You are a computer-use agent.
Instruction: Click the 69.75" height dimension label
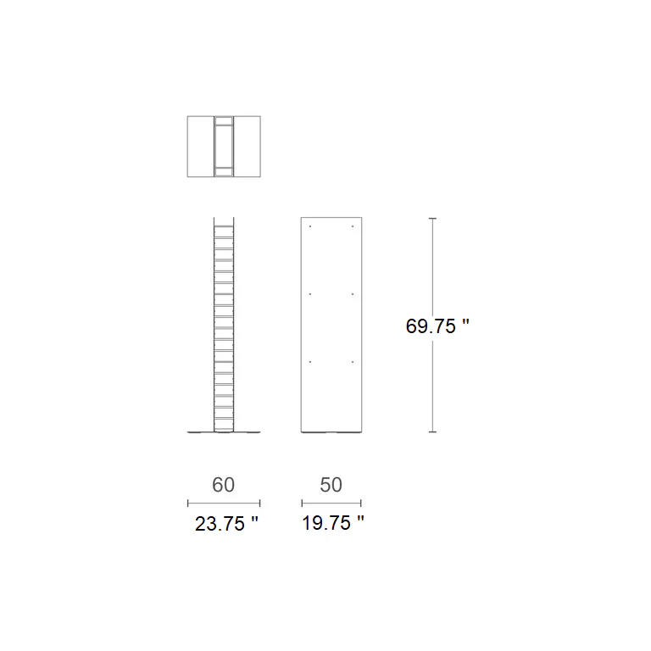pyautogui.click(x=437, y=325)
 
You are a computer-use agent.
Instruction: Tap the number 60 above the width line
pyautogui.click(x=224, y=485)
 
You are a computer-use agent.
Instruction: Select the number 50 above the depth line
pyautogui.click(x=331, y=485)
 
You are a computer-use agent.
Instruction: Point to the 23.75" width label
pyautogui.click(x=226, y=524)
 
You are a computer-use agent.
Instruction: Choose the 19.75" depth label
pyautogui.click(x=333, y=523)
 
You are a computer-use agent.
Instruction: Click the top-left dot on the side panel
pyautogui.click(x=310, y=226)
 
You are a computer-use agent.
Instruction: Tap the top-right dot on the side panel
pyautogui.click(x=353, y=226)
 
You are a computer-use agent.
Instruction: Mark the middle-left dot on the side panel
pyautogui.click(x=310, y=294)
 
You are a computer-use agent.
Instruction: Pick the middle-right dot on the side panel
pyautogui.click(x=353, y=294)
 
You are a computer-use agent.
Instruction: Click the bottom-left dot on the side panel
pyautogui.click(x=310, y=362)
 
